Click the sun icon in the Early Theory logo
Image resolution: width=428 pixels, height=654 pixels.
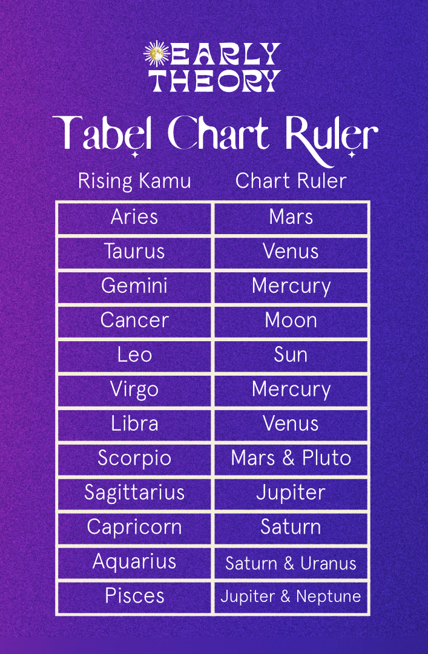(156, 54)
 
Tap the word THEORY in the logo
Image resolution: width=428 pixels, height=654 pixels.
(216, 80)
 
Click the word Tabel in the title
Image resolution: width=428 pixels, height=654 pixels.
(101, 133)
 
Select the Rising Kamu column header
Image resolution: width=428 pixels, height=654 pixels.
(134, 181)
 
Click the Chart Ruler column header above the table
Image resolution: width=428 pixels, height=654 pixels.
(291, 181)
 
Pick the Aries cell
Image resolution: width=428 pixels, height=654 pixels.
(134, 217)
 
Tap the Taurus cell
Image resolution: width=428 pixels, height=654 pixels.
(134, 252)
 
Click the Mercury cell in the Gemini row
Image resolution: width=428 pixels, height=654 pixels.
(291, 287)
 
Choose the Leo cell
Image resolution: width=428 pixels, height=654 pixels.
(134, 355)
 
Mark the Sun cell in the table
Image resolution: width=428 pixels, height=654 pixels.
(291, 355)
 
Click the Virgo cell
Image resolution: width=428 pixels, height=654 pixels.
(134, 390)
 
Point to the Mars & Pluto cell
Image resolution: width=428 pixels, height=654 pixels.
(291, 459)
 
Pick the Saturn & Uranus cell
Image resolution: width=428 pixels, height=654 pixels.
(291, 563)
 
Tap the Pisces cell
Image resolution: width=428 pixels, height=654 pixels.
(134, 597)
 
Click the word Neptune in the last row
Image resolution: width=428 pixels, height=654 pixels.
(328, 597)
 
